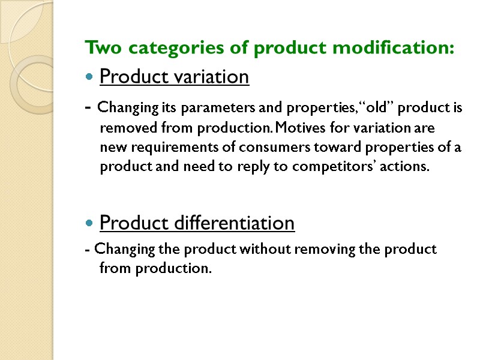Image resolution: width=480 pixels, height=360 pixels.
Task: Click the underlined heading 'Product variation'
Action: pyautogui.click(x=174, y=77)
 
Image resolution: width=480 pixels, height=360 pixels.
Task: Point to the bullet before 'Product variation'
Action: pyautogui.click(x=89, y=77)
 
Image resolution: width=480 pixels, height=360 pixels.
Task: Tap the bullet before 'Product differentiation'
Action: pyautogui.click(x=89, y=224)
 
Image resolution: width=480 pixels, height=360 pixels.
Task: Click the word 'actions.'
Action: pyautogui.click(x=408, y=167)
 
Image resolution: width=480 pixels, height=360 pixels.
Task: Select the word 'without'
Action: pyautogui.click(x=266, y=248)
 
